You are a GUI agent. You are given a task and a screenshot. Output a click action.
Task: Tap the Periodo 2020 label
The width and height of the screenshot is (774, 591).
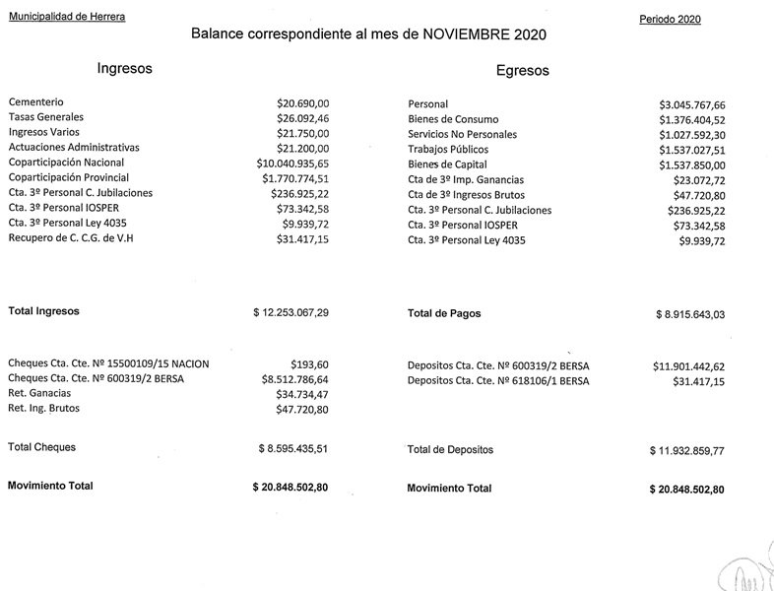(x=670, y=19)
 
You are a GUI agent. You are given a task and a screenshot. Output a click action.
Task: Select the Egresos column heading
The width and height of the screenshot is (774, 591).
(x=523, y=70)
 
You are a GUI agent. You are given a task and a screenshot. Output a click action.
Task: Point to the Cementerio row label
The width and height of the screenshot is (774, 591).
(x=36, y=101)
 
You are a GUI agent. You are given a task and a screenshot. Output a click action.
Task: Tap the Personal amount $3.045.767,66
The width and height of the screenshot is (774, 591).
(x=691, y=104)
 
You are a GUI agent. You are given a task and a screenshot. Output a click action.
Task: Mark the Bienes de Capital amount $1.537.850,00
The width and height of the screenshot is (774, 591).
(x=691, y=164)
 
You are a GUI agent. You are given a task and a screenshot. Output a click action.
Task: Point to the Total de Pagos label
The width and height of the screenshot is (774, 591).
(x=444, y=313)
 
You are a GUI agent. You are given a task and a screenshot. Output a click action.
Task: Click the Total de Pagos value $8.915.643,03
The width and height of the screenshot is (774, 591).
(x=689, y=314)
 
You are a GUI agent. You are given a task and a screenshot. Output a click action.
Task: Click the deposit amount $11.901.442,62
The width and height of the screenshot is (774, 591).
(x=687, y=366)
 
